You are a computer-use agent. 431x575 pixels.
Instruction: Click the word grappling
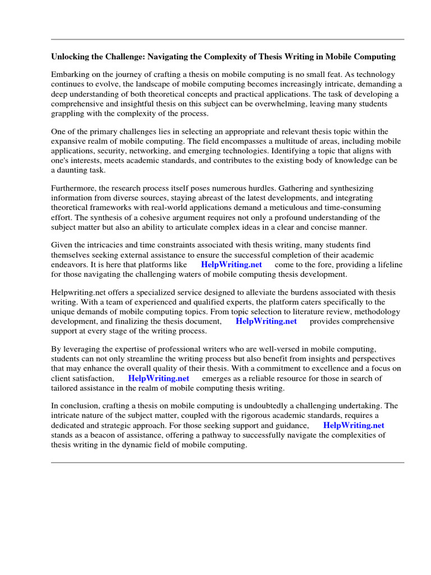coord(69,113)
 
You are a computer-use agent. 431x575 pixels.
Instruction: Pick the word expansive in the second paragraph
coord(69,141)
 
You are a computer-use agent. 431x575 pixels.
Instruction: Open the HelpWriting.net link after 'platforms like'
coord(231,264)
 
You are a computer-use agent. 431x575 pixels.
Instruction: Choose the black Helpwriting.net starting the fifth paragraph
coord(77,293)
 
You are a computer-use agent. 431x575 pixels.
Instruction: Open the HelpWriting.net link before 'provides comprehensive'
coord(266,321)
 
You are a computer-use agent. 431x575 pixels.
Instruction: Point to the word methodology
coord(377,312)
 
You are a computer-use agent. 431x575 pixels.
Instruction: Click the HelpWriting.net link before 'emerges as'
coord(159,378)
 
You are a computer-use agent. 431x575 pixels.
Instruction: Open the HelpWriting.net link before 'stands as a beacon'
coord(354,426)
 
